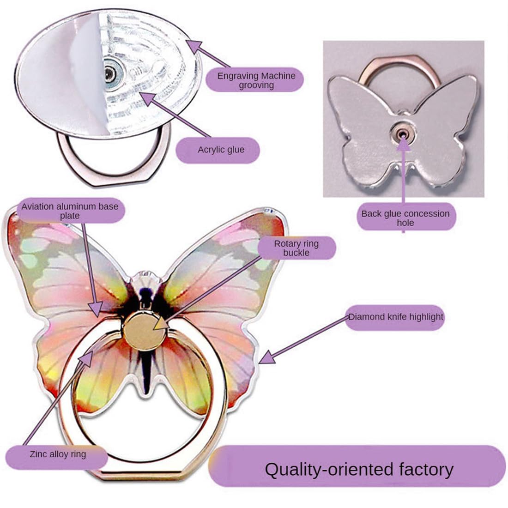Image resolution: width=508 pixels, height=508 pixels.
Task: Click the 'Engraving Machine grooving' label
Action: pyautogui.click(x=256, y=80)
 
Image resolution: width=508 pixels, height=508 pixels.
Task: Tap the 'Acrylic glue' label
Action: pyautogui.click(x=221, y=150)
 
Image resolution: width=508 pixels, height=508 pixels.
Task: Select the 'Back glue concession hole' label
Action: pyautogui.click(x=405, y=218)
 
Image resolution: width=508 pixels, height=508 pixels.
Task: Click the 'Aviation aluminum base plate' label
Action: pyautogui.click(x=70, y=211)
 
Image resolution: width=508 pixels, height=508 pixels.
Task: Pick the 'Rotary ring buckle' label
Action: pyautogui.click(x=296, y=248)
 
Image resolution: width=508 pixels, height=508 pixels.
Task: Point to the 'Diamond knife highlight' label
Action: pyautogui.click(x=395, y=317)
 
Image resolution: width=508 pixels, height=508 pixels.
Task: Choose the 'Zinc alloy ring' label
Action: pyautogui.click(x=58, y=454)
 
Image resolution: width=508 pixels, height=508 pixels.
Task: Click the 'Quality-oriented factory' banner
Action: pyautogui.click(x=358, y=469)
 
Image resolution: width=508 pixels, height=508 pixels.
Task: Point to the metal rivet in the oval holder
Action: pyautogui.click(x=110, y=73)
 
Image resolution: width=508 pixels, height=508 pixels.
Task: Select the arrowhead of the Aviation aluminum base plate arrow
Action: pyautogui.click(x=96, y=308)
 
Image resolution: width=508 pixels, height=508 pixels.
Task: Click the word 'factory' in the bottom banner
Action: pyautogui.click(x=423, y=469)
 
